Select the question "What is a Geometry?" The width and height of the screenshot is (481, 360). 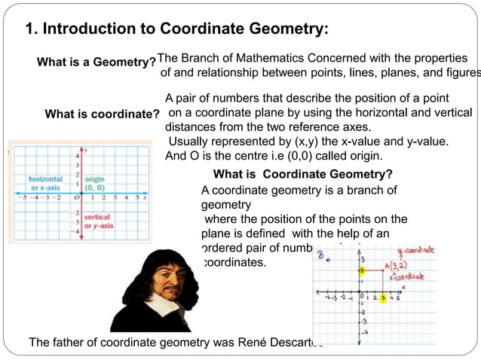click(96, 63)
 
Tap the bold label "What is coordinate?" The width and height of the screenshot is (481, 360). click(102, 114)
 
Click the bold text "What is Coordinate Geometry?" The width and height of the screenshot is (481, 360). click(303, 175)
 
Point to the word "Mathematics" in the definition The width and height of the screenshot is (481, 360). click(277, 58)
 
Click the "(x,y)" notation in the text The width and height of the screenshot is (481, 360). click(296, 142)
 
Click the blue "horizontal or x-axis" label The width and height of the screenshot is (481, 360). click(45, 183)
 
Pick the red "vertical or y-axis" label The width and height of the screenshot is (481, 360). click(98, 221)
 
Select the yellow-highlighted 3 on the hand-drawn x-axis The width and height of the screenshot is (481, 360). click(383, 298)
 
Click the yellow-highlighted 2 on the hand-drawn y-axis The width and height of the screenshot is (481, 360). click(361, 270)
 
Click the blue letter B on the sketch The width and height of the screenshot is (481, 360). click(320, 255)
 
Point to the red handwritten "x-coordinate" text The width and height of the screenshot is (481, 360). click(406, 276)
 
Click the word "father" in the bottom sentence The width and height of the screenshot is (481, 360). click(68, 343)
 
